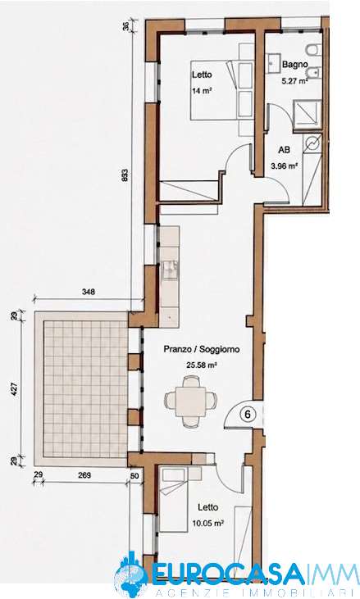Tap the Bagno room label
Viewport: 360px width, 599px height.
pos(294,65)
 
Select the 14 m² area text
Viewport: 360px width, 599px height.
pos(203,92)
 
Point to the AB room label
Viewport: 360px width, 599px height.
pos(284,151)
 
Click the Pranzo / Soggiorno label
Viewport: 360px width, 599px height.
pos(202,349)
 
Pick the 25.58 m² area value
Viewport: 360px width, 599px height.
pos(202,365)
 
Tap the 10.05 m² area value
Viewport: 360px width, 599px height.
pos(208,523)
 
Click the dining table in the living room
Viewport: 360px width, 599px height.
pos(190,402)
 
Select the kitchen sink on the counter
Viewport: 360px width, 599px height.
pos(170,269)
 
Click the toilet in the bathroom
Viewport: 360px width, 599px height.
pos(315,50)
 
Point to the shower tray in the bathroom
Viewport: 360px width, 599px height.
pos(307,113)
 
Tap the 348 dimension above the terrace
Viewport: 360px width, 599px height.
pos(89,292)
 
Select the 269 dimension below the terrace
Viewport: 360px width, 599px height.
pos(84,475)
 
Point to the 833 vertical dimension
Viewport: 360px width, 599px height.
pos(125,175)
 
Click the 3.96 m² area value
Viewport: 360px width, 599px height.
pos(284,166)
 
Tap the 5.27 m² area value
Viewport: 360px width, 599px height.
pos(294,80)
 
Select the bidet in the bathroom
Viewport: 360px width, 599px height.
pos(315,72)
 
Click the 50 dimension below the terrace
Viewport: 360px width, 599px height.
pos(134,475)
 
